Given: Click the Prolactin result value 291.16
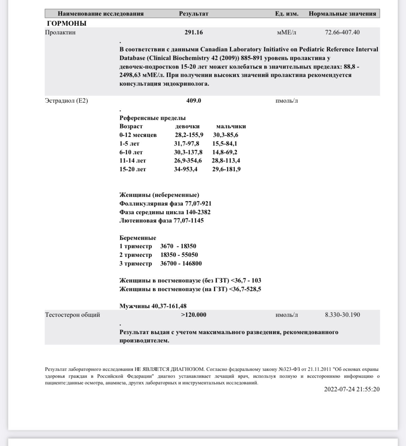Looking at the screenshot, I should (x=194, y=33).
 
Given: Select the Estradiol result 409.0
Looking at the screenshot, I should (x=194, y=101).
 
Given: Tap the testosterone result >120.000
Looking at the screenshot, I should (x=194, y=315).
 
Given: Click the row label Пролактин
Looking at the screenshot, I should (x=60, y=33).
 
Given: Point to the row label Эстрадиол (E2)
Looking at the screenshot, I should (x=67, y=101).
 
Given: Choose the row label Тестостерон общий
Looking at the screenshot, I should (x=73, y=315).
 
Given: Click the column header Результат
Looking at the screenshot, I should (x=194, y=14).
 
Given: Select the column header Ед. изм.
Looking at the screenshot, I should (x=287, y=14).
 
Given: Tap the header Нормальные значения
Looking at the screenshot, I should (x=342, y=14).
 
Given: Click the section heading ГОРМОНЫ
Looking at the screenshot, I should (x=67, y=24).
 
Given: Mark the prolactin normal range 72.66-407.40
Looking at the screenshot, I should (x=342, y=33).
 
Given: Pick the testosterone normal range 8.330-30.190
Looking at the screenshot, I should (x=342, y=315).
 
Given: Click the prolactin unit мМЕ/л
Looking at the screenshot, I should (x=287, y=33).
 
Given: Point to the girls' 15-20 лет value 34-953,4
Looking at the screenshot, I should (x=186, y=169).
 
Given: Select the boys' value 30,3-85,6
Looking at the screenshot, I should (x=226, y=135).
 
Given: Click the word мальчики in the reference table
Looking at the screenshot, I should (x=231, y=126).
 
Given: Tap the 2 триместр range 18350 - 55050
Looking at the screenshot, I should (x=179, y=255).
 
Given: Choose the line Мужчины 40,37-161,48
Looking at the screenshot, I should (x=153, y=306).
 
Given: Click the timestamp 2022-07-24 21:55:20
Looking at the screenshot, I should (x=352, y=389).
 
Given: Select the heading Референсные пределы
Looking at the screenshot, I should (x=153, y=118).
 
